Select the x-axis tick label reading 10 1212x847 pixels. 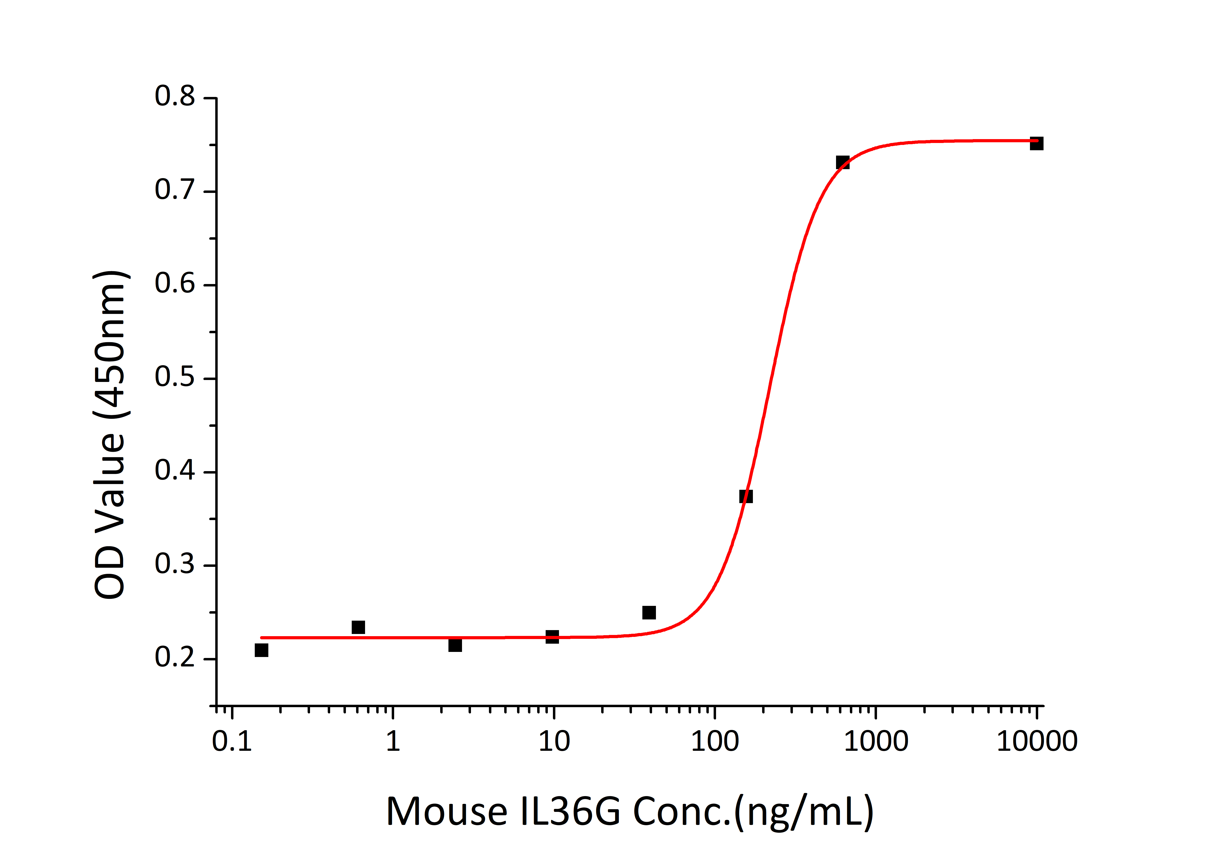554,741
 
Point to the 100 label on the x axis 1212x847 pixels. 715,741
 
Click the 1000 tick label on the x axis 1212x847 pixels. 876,741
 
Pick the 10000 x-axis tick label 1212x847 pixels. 1037,741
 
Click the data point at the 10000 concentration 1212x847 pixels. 1036,143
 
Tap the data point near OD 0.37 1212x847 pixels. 746,496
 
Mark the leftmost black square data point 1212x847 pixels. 261,650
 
